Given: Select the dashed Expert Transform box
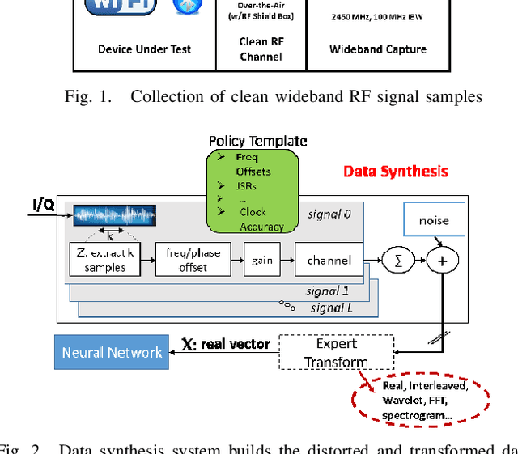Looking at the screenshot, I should pyautogui.click(x=336, y=352).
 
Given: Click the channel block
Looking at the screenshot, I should pyautogui.click(x=329, y=261).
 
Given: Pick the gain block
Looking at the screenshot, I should pyautogui.click(x=261, y=261).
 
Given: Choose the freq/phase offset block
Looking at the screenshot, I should pyautogui.click(x=193, y=261).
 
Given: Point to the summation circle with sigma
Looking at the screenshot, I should pyautogui.click(x=398, y=260).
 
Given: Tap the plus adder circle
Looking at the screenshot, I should pyautogui.click(x=443, y=260).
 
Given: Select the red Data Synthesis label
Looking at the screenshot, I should pyautogui.click(x=395, y=172).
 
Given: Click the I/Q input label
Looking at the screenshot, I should pyautogui.click(x=44, y=205).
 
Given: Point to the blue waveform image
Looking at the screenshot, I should pyautogui.click(x=114, y=215).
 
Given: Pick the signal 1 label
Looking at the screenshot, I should pyautogui.click(x=328, y=290).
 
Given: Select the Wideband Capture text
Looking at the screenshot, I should pyautogui.click(x=377, y=49).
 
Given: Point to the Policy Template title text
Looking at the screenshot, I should pyautogui.click(x=258, y=141).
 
